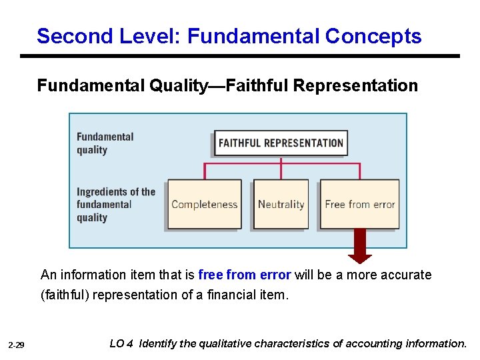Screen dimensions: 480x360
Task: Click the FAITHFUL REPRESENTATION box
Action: pos(281,143)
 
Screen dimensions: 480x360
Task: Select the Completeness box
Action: pos(204,204)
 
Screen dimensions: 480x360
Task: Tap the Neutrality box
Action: pos(281,204)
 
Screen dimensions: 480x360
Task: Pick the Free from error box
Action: pos(360,204)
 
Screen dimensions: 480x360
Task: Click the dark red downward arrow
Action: pos(360,245)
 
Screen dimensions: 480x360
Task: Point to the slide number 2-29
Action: pos(17,345)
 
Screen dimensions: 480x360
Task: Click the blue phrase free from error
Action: pos(244,275)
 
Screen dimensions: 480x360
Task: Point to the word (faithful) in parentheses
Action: pos(65,294)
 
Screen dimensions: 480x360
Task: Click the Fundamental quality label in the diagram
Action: pos(105,143)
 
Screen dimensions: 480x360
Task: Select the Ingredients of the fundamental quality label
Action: pos(115,204)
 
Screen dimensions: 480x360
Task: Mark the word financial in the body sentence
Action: pos(229,294)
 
